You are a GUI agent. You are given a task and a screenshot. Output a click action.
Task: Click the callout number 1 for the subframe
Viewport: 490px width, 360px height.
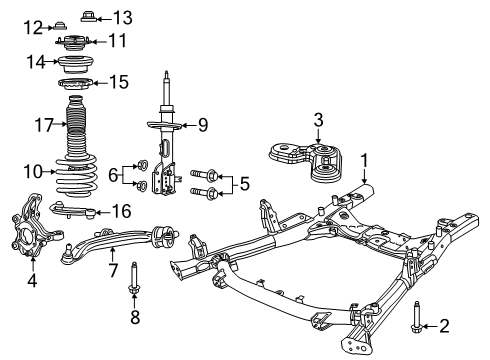(x=365, y=159)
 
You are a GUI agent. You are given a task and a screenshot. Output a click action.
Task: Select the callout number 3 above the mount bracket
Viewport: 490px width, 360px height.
(x=318, y=121)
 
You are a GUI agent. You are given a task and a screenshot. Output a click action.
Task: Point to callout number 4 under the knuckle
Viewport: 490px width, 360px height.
(x=31, y=281)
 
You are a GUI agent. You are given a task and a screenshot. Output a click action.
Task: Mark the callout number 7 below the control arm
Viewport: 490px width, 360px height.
(x=112, y=270)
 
